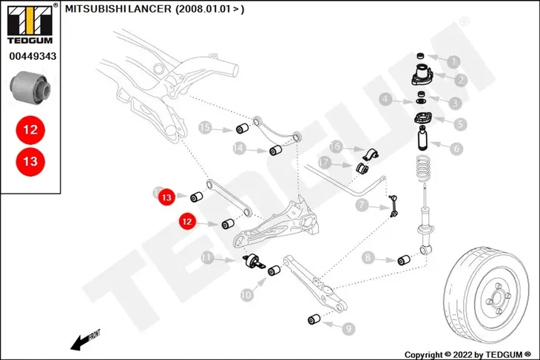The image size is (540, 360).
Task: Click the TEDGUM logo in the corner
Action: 30,24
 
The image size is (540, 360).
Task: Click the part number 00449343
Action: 33,56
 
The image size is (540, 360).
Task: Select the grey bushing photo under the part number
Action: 30,87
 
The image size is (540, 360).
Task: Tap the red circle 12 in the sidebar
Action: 30,130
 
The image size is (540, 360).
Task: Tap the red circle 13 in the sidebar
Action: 30,161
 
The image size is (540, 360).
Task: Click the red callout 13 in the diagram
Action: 166,197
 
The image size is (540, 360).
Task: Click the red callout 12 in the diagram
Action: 187,221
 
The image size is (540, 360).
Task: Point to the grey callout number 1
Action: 454,62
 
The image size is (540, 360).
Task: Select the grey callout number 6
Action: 456,149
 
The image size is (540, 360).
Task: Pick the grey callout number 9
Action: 348,329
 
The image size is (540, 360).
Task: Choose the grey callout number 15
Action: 205,128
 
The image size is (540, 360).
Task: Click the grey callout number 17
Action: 324,163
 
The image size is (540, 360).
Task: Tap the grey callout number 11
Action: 207,257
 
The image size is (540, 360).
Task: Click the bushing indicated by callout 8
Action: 404,260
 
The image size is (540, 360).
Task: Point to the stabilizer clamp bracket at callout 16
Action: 370,154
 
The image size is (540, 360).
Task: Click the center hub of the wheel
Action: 497,299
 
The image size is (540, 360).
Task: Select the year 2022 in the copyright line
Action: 463,355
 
